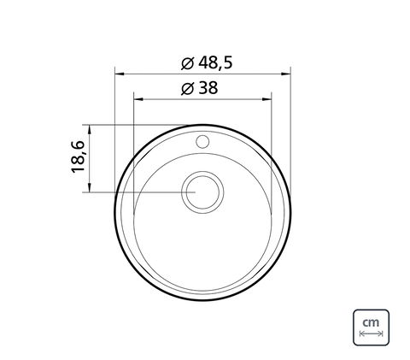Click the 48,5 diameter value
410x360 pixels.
pyautogui.click(x=215, y=63)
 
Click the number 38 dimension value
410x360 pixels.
pyautogui.click(x=208, y=88)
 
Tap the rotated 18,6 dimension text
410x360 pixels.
pyautogui.click(x=78, y=156)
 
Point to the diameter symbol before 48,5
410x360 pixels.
pyautogui.click(x=188, y=63)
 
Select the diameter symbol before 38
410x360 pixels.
pyautogui.click(x=188, y=88)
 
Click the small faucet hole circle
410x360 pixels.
pyautogui.click(x=202, y=142)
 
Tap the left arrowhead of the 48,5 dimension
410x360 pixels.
pyautogui.click(x=120, y=74)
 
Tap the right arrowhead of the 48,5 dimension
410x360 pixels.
pyautogui.click(x=285, y=74)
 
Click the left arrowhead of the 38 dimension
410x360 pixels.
pyautogui.click(x=138, y=99)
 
